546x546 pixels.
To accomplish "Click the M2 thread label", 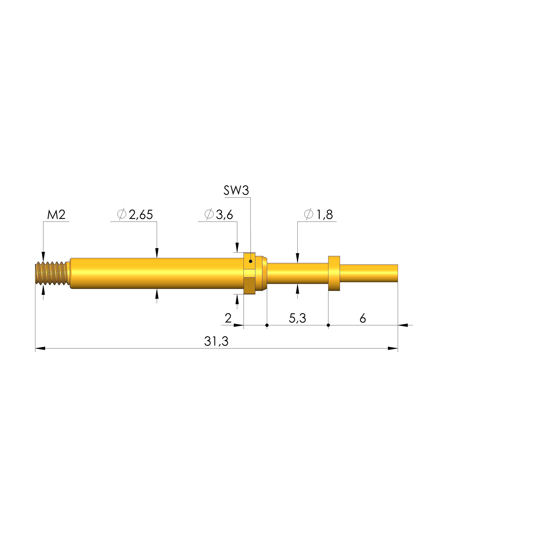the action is (56, 215).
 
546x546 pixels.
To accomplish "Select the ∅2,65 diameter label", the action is (135, 215).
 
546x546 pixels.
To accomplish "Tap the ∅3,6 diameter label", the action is (219, 215).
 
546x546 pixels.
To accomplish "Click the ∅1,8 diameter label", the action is (319, 215).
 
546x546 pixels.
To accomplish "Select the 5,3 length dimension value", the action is (297, 318).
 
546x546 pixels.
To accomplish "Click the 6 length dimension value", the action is (363, 318).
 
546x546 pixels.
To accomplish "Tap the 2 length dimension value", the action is (228, 318).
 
